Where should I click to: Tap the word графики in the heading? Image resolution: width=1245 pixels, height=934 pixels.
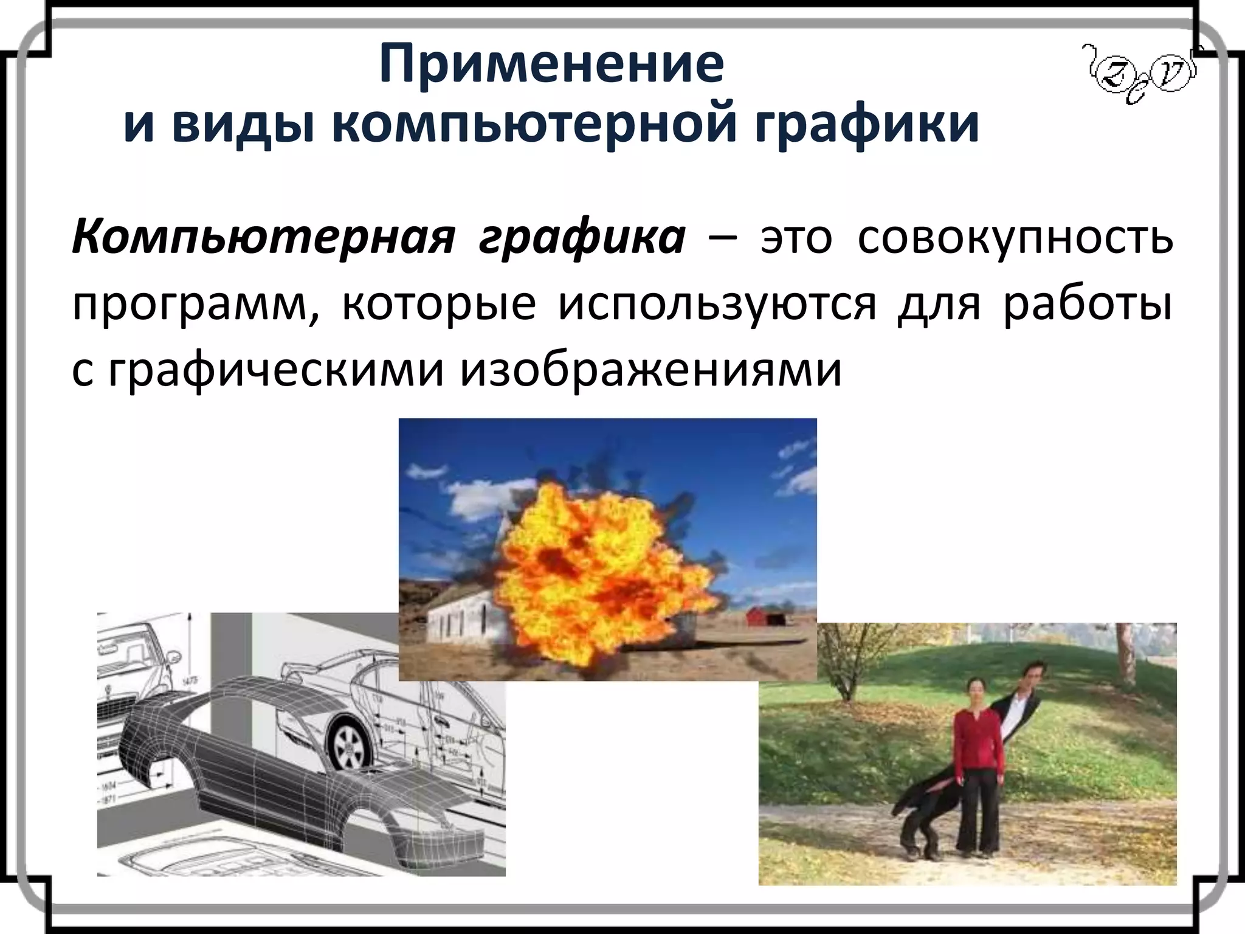867,126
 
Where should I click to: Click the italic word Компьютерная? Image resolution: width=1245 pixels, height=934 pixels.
263,237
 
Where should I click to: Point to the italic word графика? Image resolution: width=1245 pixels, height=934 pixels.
582,238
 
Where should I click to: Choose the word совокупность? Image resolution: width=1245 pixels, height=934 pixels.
1015,237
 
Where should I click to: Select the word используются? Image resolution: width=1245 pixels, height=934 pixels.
717,305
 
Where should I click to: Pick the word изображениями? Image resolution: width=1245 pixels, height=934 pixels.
651,370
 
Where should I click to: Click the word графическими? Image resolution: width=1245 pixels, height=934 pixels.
277,371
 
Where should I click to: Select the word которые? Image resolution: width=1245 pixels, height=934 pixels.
439,305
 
